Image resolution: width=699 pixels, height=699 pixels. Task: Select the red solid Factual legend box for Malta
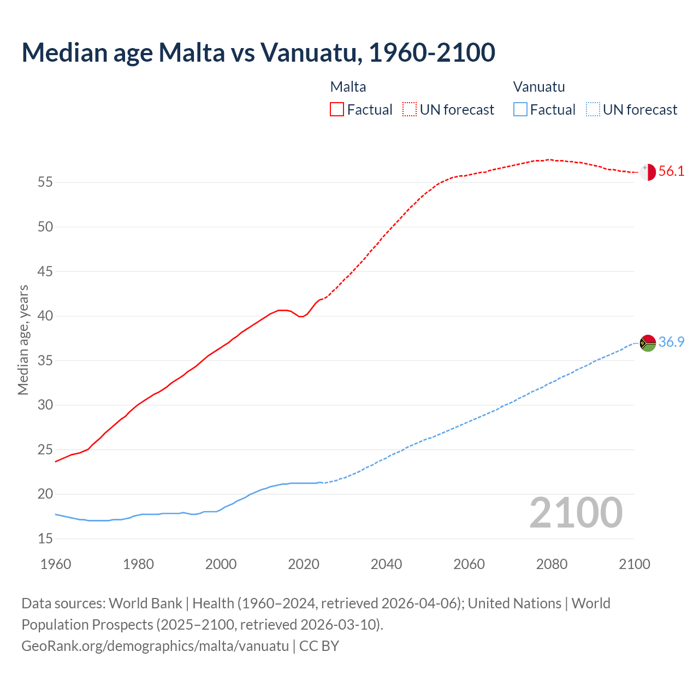click(337, 109)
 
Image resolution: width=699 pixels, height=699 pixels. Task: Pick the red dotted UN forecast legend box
click(410, 109)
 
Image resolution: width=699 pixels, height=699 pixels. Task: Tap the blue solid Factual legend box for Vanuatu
click(520, 109)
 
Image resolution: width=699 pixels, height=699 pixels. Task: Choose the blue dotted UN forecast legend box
click(593, 109)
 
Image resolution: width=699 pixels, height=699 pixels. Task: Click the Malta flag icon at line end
click(648, 171)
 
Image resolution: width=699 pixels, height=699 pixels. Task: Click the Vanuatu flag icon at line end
click(648, 343)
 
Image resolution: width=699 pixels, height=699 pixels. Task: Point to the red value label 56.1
click(671, 171)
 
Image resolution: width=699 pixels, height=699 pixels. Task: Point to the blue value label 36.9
click(671, 342)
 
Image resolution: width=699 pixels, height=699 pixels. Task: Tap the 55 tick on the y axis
click(45, 182)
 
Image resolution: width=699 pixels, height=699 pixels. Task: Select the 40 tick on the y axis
click(45, 316)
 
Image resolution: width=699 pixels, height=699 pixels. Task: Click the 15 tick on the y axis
click(45, 539)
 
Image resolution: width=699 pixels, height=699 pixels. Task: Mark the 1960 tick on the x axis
click(56, 564)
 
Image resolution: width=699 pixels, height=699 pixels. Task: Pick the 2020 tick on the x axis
click(304, 564)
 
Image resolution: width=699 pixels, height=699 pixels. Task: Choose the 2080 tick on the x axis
click(552, 564)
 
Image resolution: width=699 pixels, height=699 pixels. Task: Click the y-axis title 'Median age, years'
click(23, 340)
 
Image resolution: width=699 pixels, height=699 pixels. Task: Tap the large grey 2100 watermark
click(576, 512)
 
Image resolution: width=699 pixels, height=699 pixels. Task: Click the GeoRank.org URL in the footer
click(155, 646)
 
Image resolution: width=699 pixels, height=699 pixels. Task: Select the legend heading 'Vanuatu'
click(539, 87)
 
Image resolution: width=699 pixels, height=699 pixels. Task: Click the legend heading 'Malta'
click(348, 87)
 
